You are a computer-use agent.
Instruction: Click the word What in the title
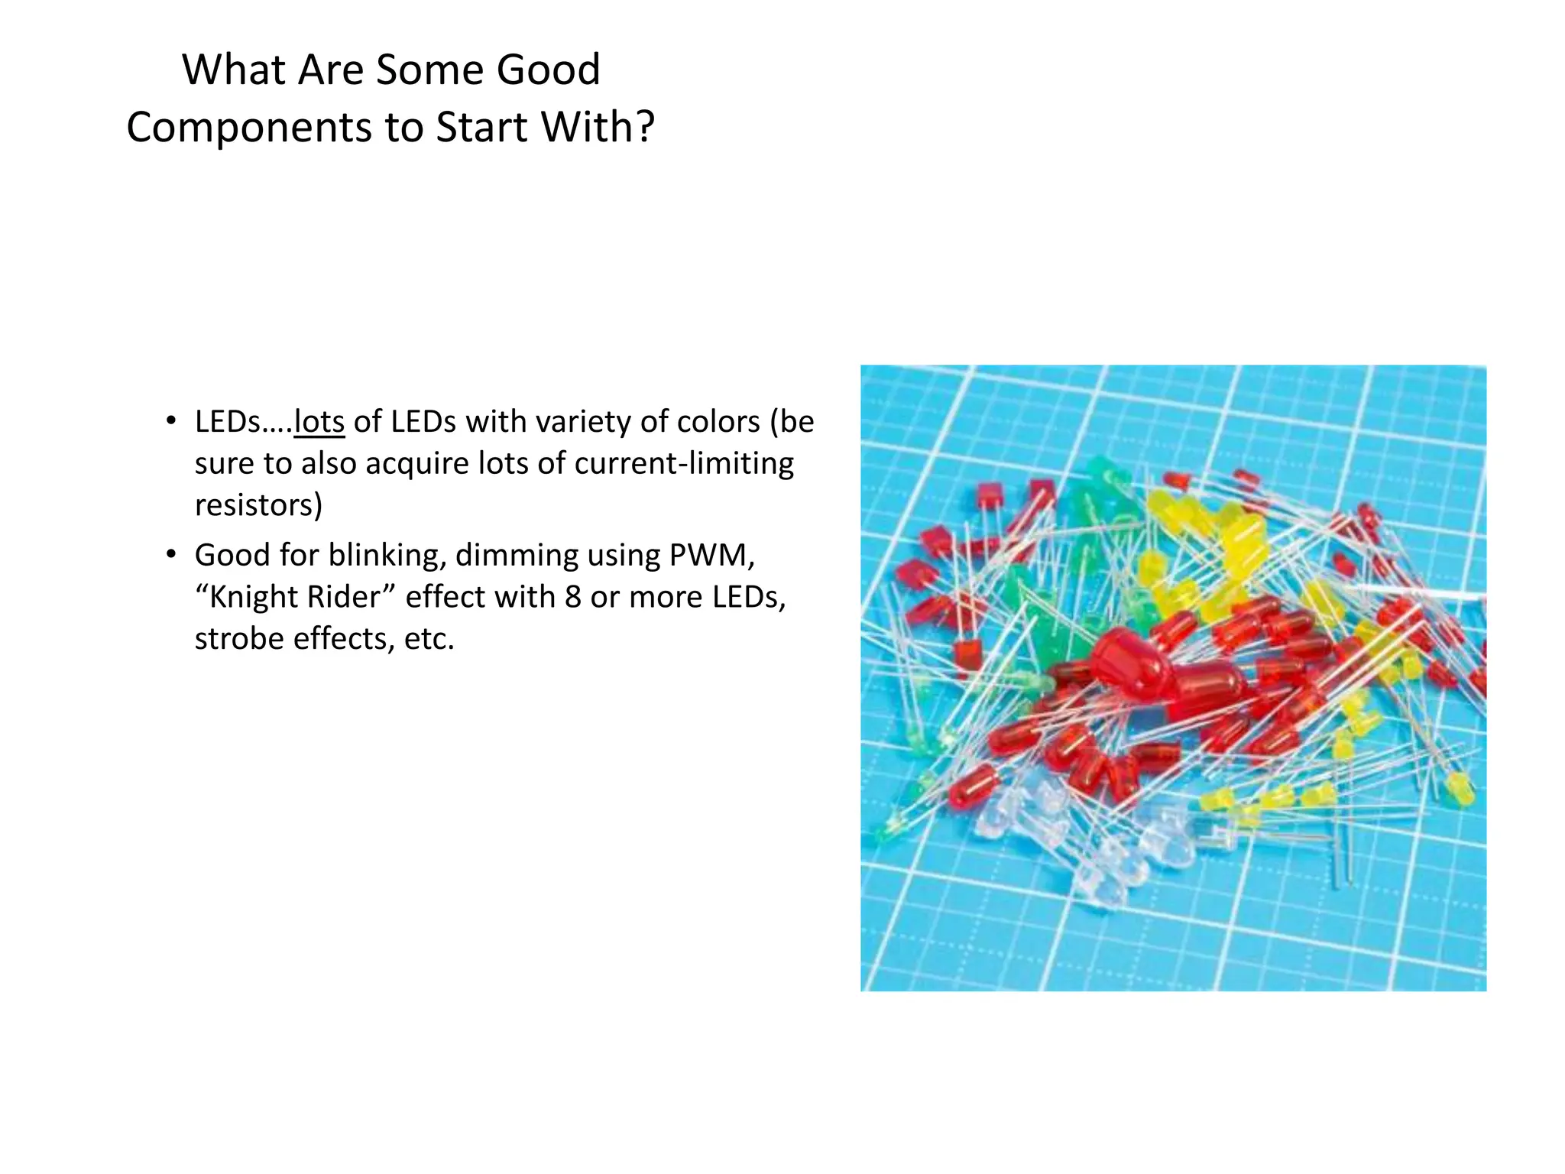(234, 70)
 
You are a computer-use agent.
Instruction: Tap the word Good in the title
(548, 70)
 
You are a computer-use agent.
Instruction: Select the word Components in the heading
(250, 128)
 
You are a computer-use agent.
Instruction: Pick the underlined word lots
(319, 422)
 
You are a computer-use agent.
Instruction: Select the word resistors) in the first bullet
(258, 505)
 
